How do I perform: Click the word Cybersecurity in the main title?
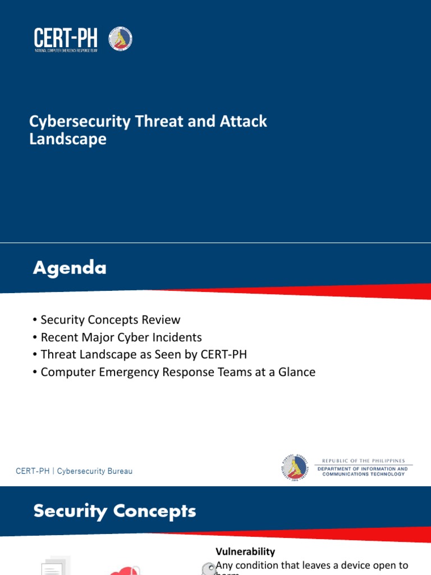(80, 121)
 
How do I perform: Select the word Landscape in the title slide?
(68, 139)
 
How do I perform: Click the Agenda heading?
(70, 268)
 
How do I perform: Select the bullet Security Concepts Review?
(110, 320)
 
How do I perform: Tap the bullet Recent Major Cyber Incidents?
(121, 337)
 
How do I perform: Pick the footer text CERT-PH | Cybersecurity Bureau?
(74, 471)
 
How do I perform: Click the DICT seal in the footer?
(295, 467)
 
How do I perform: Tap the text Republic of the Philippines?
(364, 460)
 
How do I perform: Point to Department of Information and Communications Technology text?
(364, 471)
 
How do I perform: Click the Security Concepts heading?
(114, 511)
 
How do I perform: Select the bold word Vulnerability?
(245, 552)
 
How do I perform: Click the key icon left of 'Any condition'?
(208, 569)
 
